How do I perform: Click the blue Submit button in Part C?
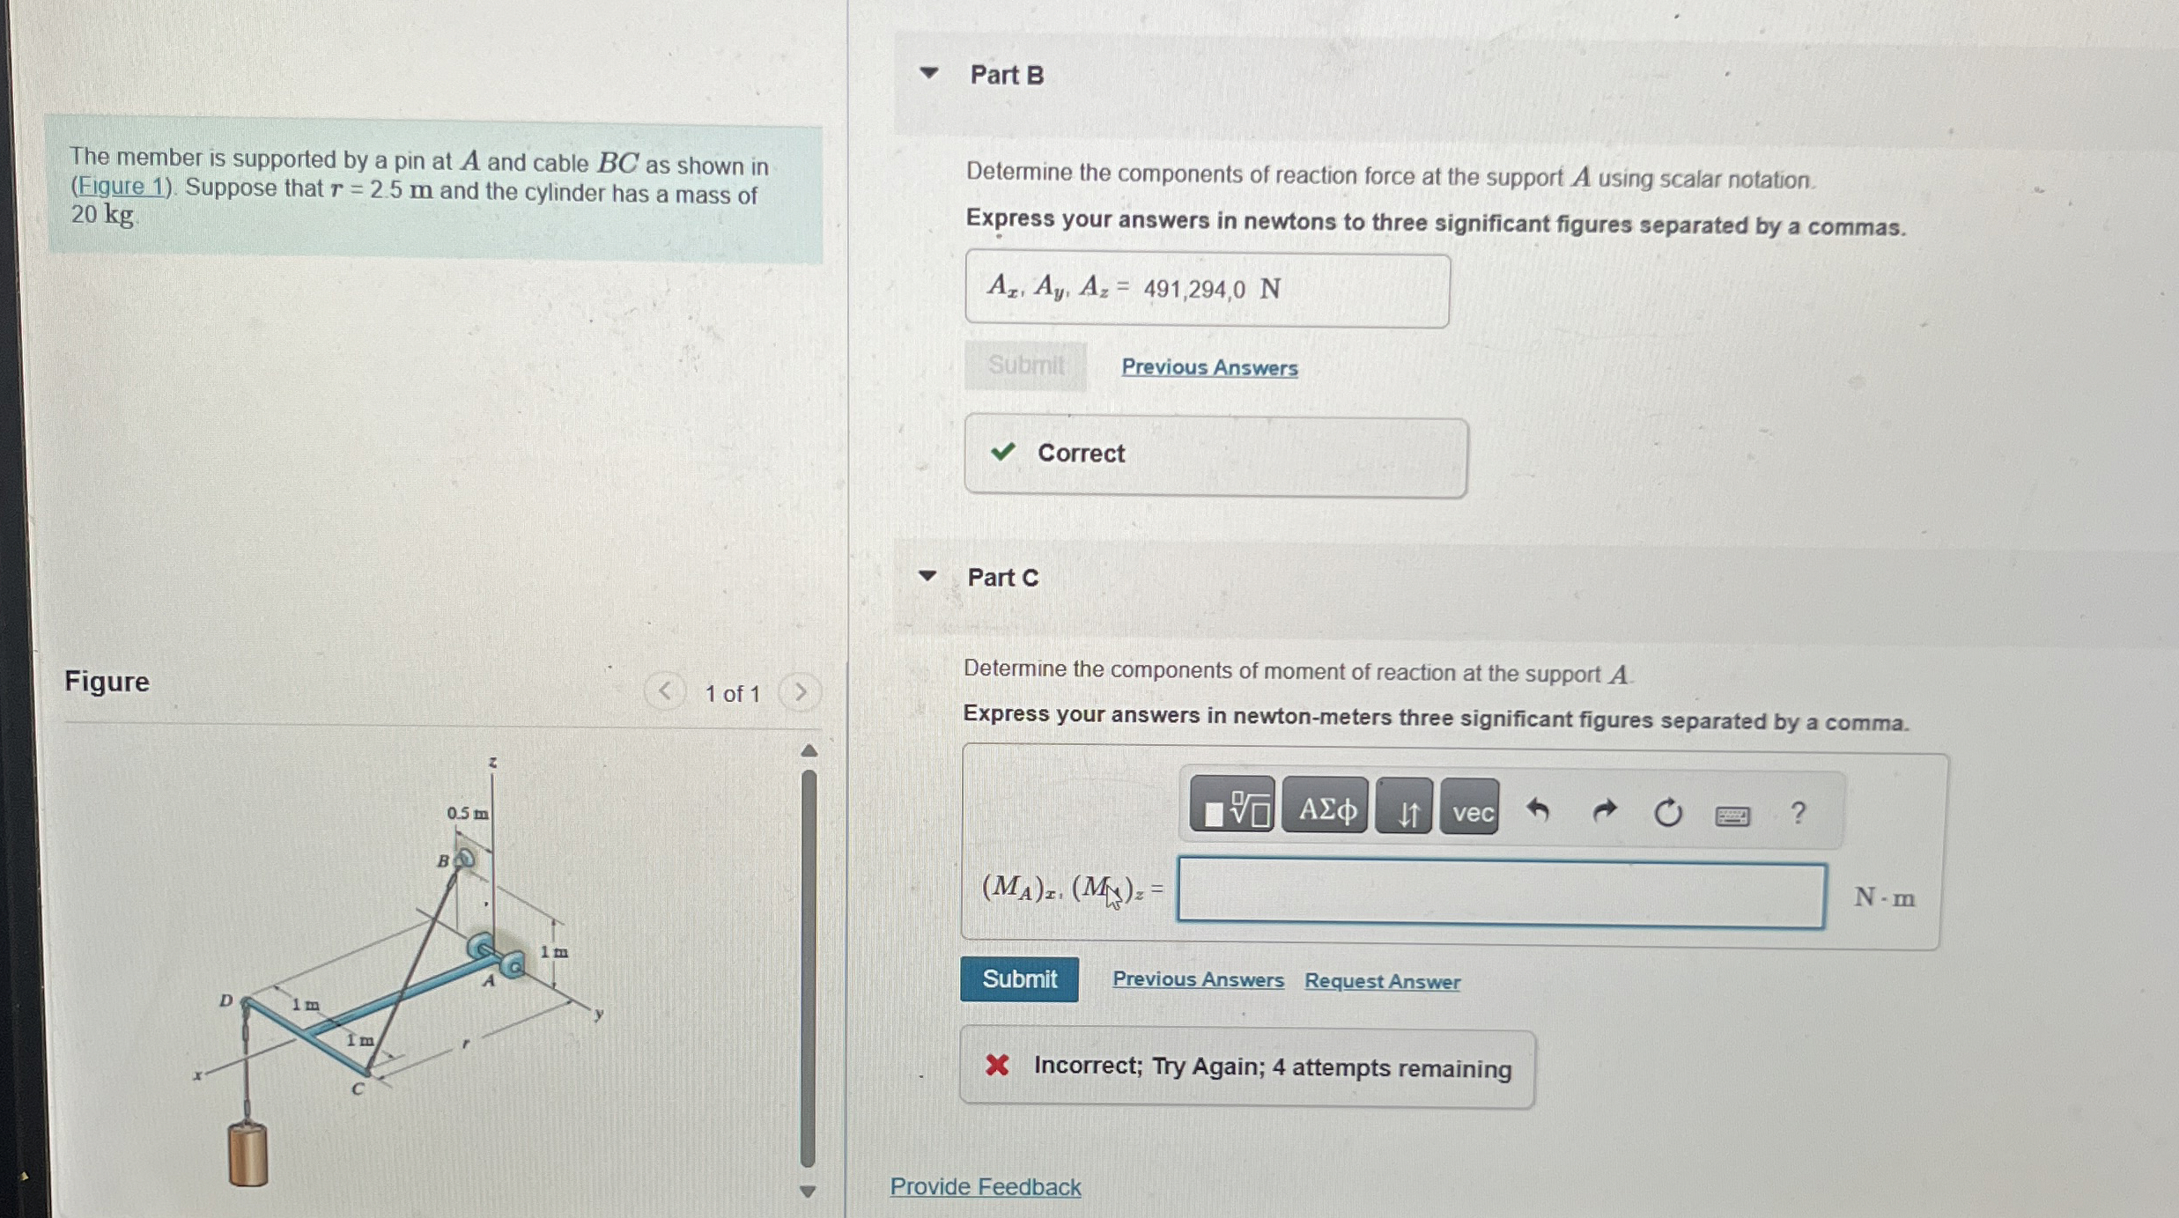(1019, 978)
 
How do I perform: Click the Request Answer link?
(1382, 981)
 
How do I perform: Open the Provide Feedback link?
(986, 1186)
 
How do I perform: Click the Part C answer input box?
(1501, 894)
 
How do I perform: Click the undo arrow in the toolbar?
(1538, 809)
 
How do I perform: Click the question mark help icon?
(1798, 812)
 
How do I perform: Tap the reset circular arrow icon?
(1667, 811)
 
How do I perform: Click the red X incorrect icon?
(997, 1066)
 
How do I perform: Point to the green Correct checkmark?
(1002, 452)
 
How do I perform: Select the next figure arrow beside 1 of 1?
(800, 692)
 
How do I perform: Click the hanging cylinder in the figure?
(248, 1153)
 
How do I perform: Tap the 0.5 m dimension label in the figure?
(467, 813)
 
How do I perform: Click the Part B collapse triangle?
(928, 73)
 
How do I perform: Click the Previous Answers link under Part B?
(1209, 367)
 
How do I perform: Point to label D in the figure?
(226, 1000)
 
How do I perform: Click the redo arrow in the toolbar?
(1604, 810)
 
